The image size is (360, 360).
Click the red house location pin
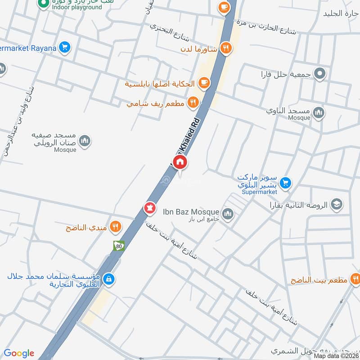click(180, 162)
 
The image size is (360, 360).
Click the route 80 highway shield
click(118, 246)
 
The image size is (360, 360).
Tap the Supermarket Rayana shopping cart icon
click(65, 47)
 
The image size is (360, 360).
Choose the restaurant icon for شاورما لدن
click(226, 47)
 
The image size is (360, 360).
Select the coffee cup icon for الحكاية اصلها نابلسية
click(204, 82)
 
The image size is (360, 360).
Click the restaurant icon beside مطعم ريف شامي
click(193, 103)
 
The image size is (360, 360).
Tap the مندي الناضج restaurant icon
click(116, 227)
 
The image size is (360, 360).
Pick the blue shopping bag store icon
click(108, 279)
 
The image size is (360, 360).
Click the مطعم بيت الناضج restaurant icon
click(353, 279)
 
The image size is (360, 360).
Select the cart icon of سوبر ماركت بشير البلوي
click(284, 183)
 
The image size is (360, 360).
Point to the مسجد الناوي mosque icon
click(319, 112)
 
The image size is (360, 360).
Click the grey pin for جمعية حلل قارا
click(319, 73)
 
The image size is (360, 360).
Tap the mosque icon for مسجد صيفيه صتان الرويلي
click(84, 142)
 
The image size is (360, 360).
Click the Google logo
click(19, 353)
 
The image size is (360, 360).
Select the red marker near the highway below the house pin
click(149, 208)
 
